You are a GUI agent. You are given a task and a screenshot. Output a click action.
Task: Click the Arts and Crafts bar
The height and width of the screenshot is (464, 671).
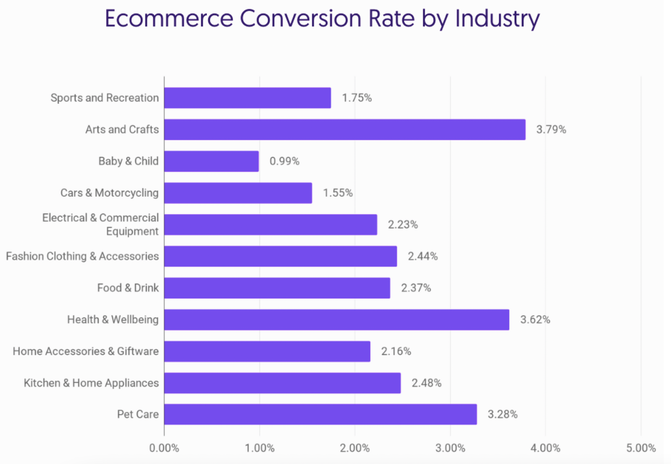tap(345, 130)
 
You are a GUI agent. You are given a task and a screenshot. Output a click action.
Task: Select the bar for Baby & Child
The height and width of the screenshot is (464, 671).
tap(212, 161)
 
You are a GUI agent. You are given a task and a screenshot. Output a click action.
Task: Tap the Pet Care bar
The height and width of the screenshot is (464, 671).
tap(320, 414)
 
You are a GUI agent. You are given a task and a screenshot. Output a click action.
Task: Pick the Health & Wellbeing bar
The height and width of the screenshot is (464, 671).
tap(337, 320)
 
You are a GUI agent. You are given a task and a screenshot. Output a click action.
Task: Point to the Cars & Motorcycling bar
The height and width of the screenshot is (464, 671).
tap(238, 193)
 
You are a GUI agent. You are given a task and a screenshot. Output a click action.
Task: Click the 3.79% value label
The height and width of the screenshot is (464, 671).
tap(551, 130)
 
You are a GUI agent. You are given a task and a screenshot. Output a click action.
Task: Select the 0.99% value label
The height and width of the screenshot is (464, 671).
tap(284, 161)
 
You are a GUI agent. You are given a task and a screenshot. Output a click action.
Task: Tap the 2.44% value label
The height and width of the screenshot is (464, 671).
tap(423, 256)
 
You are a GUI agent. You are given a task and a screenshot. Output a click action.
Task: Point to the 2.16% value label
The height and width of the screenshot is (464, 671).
tap(396, 351)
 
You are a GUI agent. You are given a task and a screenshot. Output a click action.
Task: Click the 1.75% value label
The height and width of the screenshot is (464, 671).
tap(357, 98)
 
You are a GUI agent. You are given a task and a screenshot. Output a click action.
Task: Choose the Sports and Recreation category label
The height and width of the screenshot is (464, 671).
tap(105, 98)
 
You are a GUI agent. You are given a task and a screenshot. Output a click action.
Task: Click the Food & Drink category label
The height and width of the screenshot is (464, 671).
tap(128, 288)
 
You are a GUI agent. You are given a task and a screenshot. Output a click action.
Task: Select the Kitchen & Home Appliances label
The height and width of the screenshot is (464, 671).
tap(91, 383)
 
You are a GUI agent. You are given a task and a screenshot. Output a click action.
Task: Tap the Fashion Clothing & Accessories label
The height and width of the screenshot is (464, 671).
tap(82, 256)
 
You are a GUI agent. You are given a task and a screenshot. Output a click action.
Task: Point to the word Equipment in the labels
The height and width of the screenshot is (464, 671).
tap(132, 231)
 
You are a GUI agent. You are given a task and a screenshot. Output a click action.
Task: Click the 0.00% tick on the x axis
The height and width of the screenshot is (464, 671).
tap(164, 448)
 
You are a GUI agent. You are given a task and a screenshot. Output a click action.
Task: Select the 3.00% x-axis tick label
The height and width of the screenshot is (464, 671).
tap(450, 448)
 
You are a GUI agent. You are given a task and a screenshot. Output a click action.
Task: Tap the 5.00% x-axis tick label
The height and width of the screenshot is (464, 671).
tap(641, 448)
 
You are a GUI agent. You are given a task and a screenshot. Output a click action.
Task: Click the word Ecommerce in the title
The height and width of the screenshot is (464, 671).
tap(169, 19)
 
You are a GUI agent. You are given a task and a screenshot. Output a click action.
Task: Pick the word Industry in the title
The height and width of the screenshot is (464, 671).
tap(497, 19)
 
